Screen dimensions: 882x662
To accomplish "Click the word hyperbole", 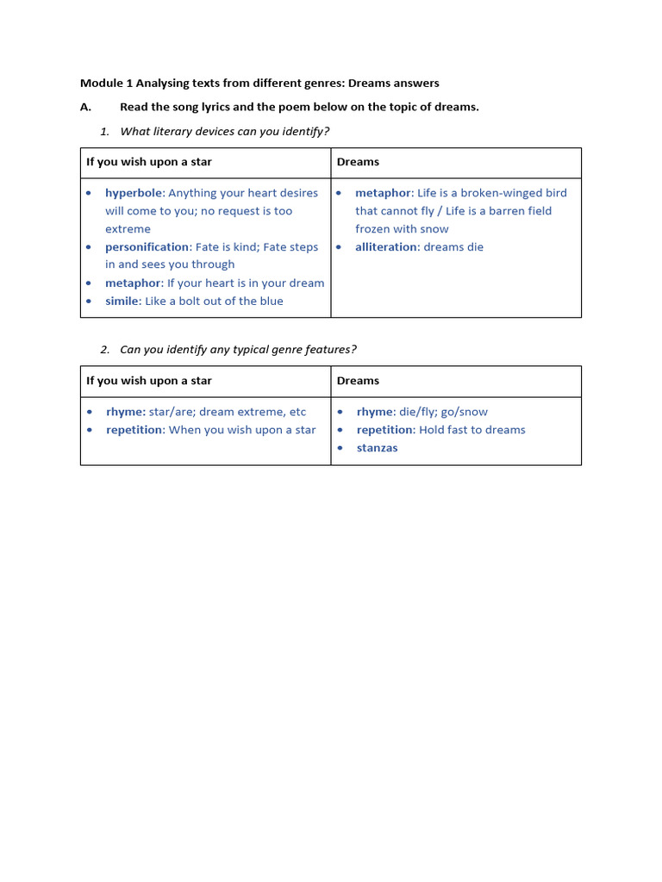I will (134, 193).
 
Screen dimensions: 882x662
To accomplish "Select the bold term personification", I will (147, 247).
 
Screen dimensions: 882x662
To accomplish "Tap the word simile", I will (122, 301).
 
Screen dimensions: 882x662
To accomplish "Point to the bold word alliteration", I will (386, 247).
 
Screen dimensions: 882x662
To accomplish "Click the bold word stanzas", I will (377, 448).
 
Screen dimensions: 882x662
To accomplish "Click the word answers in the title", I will (417, 84).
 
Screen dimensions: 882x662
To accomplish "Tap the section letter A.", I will (84, 107).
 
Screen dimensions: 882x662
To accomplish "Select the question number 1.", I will (104, 131).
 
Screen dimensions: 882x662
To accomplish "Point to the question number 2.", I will (104, 350).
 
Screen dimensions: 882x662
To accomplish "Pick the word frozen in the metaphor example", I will (373, 229).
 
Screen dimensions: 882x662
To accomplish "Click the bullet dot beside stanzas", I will (340, 448).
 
